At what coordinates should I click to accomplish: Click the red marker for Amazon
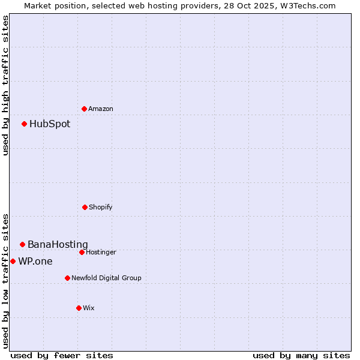(x=84, y=109)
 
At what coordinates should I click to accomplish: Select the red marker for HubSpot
(x=24, y=124)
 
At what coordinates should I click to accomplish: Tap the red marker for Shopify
(x=85, y=207)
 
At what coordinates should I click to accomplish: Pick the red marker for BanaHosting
(x=22, y=244)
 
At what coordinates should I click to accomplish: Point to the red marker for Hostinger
(x=82, y=252)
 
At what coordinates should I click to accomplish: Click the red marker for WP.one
(x=13, y=261)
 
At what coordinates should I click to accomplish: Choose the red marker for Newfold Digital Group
(x=67, y=278)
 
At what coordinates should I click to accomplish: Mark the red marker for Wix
(x=79, y=308)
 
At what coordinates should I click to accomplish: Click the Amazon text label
(x=101, y=109)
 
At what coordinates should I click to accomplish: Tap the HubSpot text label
(x=50, y=124)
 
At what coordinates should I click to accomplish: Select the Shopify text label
(x=101, y=207)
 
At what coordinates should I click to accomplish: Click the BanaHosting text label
(x=58, y=245)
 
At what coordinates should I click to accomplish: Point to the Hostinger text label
(x=101, y=252)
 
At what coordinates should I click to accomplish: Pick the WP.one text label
(x=35, y=262)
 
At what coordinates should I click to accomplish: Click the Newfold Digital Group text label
(x=106, y=278)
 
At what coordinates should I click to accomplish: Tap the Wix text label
(x=89, y=308)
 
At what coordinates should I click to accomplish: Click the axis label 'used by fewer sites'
(x=62, y=355)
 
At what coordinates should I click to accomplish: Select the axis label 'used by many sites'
(x=301, y=355)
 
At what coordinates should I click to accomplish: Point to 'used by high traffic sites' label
(x=6, y=85)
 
